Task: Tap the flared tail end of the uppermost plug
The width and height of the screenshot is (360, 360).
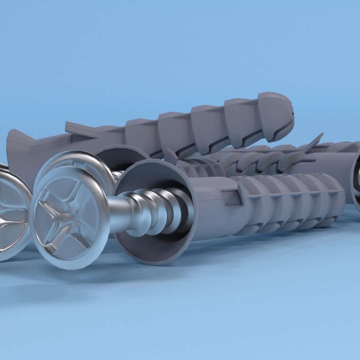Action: [20, 150]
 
